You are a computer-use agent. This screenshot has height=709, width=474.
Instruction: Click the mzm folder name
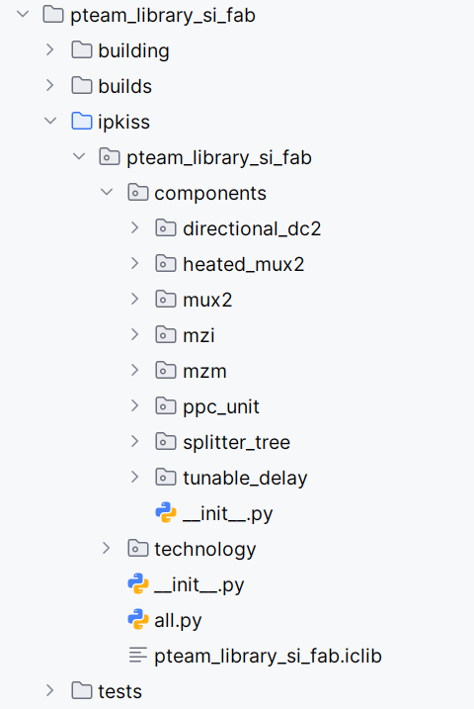pos(204,371)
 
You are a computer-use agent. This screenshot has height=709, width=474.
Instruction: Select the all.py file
pos(178,620)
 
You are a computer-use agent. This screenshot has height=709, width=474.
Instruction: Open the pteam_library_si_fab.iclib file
pos(268,656)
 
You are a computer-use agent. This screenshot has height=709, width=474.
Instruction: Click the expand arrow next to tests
pos(50,691)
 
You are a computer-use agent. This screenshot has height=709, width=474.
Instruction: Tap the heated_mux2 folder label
pos(243,264)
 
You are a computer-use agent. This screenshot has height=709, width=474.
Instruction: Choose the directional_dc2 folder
pos(252,228)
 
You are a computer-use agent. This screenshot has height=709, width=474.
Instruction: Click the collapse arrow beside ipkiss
pos(50,122)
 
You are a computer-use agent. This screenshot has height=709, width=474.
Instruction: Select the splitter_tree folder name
pos(236,442)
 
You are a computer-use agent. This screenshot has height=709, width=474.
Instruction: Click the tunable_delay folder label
pos(245,478)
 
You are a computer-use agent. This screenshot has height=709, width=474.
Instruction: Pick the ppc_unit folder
pos(221,406)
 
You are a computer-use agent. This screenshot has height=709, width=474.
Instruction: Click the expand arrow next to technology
pos(107,549)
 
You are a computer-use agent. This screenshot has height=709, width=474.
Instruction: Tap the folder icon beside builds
pos(82,86)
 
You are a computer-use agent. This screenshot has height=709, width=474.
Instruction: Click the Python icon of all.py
pos(138,620)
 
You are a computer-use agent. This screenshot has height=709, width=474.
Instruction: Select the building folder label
pos(133,50)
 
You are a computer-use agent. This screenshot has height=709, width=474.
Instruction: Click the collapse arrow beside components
pos(107,193)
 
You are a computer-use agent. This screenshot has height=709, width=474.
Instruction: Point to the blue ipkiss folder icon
pos(82,122)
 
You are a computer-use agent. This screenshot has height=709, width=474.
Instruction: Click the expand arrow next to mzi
pos(135,335)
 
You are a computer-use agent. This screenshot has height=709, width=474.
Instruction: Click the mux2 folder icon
pos(166,300)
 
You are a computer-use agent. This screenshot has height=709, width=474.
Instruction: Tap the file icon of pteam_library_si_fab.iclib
pos(138,656)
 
